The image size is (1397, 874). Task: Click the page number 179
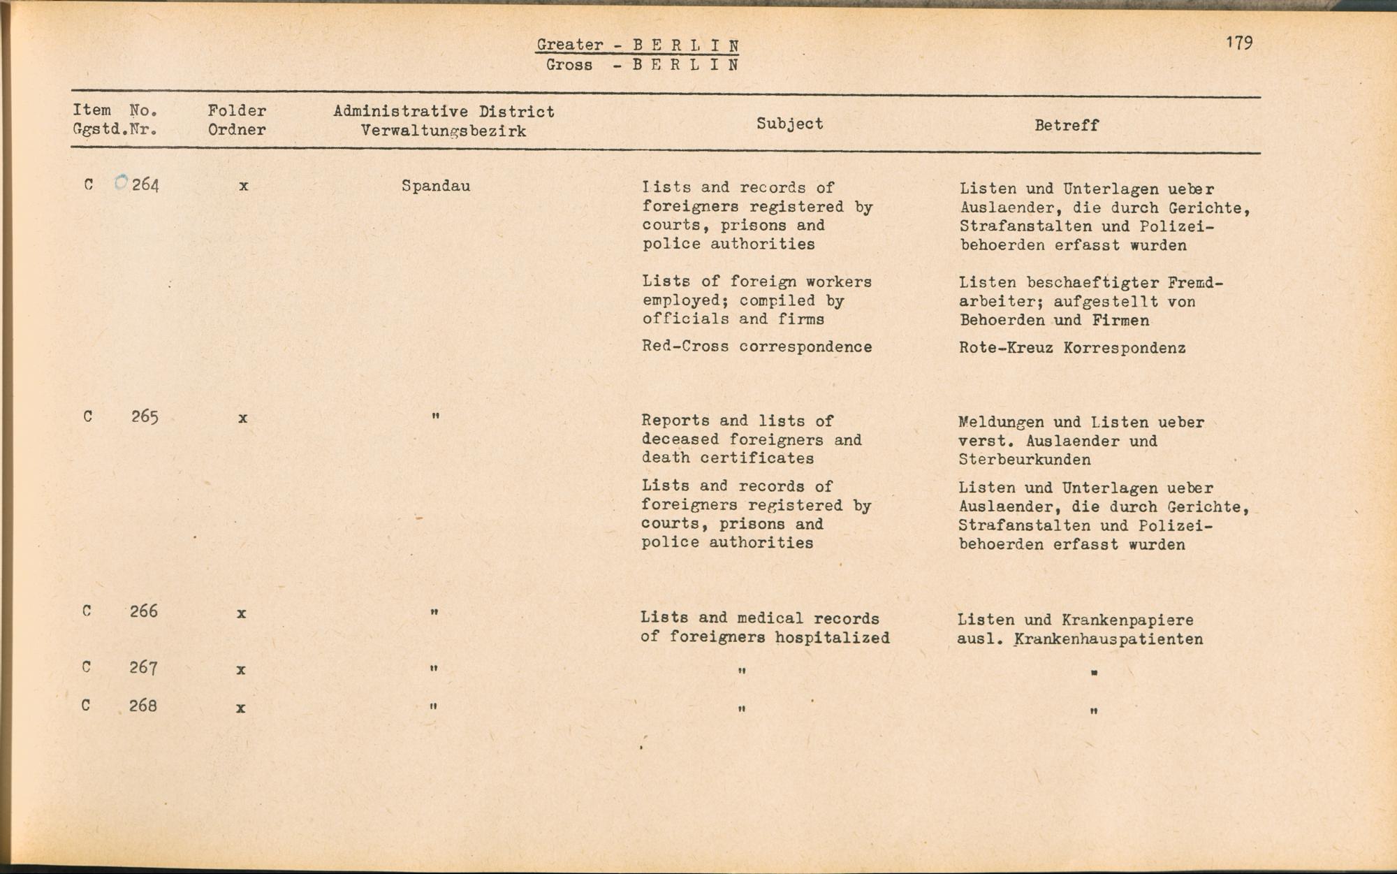coord(1239,43)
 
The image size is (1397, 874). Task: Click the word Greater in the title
coord(570,45)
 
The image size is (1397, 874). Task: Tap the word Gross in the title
coord(569,65)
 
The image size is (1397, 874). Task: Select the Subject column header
coord(789,124)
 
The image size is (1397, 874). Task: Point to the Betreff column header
coord(1067,126)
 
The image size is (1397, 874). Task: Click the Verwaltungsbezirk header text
coord(444,131)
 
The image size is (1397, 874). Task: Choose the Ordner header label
coord(237,130)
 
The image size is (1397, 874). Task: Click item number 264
coord(145,185)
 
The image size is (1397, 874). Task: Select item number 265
coord(145,417)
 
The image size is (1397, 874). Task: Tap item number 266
coord(143,611)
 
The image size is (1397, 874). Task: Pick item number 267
coord(143,668)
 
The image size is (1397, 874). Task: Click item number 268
coord(142,706)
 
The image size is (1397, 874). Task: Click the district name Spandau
coord(436,187)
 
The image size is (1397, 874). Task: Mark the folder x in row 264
coord(243,187)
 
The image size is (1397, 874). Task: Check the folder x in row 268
coord(240,708)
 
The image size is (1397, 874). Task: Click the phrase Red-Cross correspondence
coord(756,347)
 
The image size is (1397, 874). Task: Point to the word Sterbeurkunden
coord(1025,460)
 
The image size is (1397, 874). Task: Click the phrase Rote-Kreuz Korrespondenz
coord(1071,348)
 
